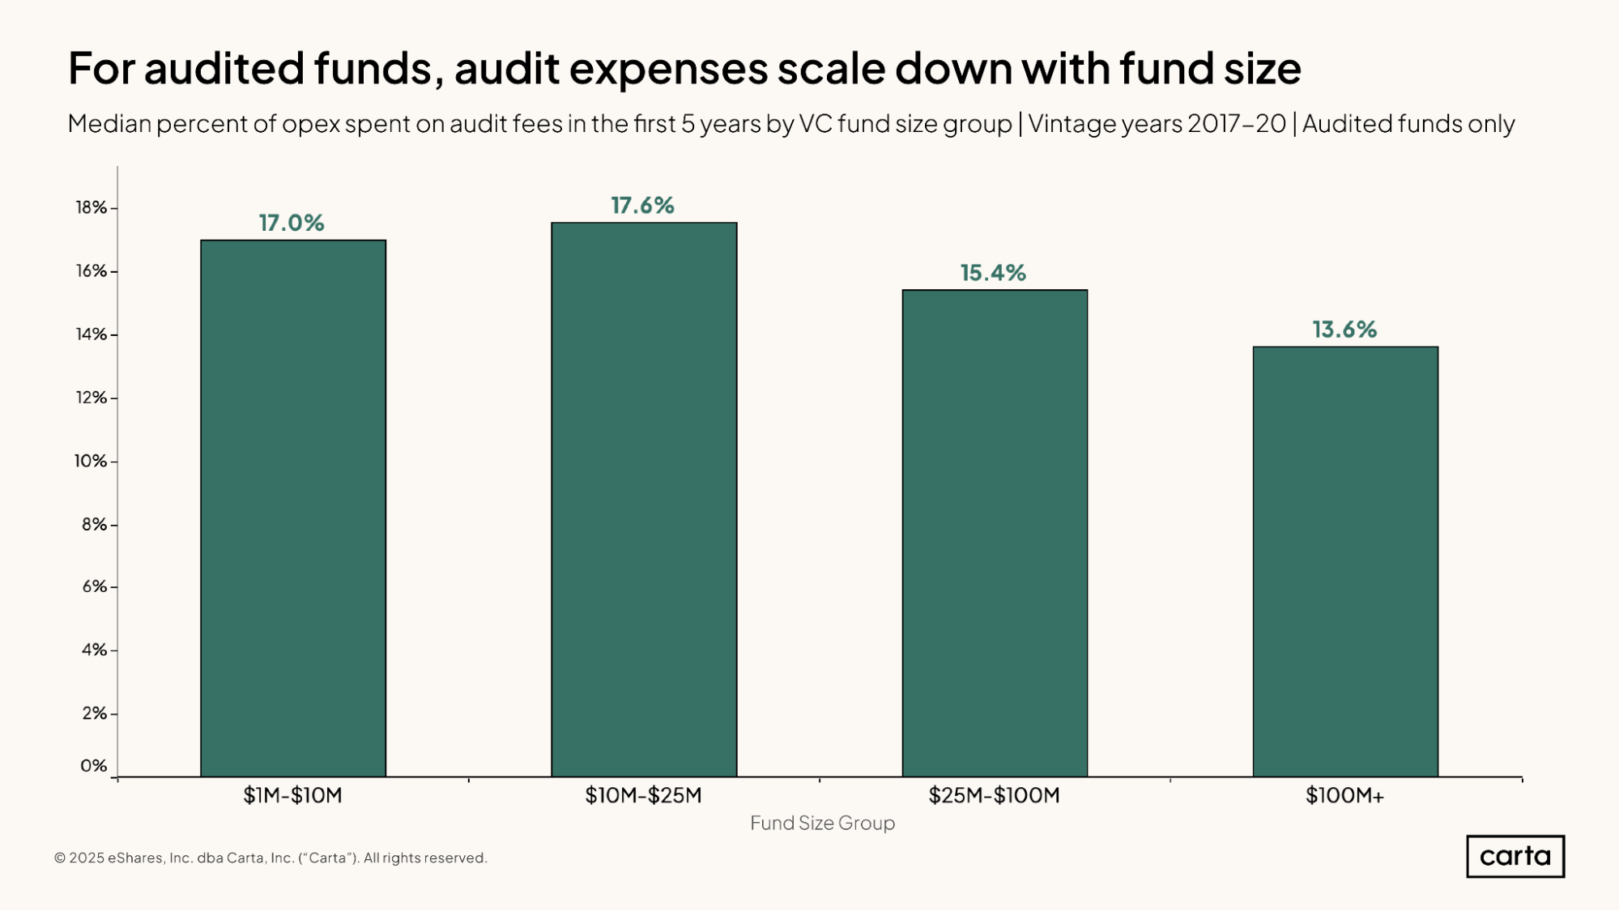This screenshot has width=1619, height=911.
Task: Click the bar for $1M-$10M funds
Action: [x=293, y=509]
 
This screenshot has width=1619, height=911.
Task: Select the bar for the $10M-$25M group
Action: [x=644, y=500]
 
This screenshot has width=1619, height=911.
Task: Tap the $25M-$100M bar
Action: [x=995, y=533]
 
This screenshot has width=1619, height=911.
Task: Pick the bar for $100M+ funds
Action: [x=1345, y=561]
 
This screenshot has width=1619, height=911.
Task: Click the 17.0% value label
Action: [x=292, y=223]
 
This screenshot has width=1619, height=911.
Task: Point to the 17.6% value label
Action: [x=642, y=206]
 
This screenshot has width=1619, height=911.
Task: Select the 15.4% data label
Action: [x=993, y=273]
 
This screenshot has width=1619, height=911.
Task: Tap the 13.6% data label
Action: [x=1344, y=330]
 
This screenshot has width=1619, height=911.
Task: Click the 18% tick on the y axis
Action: [x=92, y=207]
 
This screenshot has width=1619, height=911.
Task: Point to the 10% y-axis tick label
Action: [x=91, y=461]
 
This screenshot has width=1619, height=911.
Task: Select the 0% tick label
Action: [x=93, y=765]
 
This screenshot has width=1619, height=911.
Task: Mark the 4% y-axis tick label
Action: [x=94, y=649]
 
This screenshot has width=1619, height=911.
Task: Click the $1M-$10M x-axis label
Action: [x=292, y=795]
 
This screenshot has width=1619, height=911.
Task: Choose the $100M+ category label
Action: [x=1344, y=795]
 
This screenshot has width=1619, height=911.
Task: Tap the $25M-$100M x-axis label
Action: [x=994, y=795]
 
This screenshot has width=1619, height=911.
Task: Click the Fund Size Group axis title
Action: [x=822, y=823]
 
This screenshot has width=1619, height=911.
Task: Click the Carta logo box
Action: [x=1515, y=856]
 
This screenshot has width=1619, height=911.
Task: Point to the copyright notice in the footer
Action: [x=271, y=858]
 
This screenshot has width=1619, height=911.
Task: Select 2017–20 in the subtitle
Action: [x=1237, y=123]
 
